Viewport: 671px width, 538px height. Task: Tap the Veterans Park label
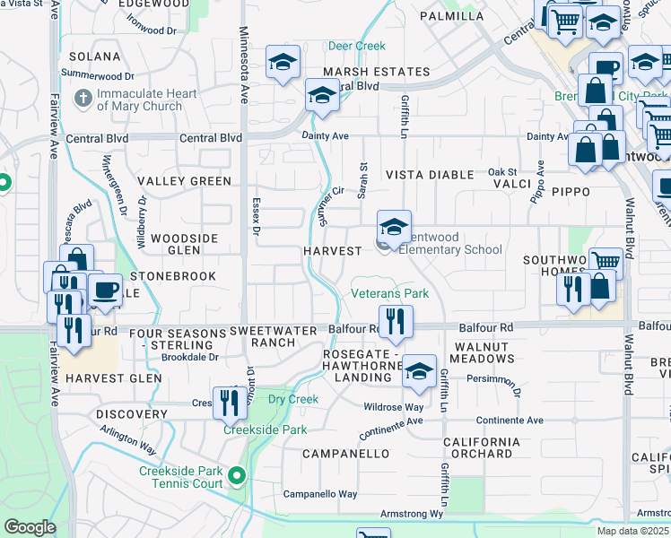pos(389,293)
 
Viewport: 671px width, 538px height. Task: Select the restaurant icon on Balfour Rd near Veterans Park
pos(396,321)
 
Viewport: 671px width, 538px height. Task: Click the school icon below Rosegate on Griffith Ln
pos(419,371)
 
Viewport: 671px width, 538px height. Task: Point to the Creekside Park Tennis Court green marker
pos(237,474)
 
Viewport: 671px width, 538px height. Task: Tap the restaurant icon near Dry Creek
pos(230,403)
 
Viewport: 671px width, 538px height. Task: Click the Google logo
pos(30,527)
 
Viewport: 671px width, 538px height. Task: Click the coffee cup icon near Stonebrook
pos(105,291)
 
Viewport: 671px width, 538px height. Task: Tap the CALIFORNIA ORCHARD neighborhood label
pos(482,447)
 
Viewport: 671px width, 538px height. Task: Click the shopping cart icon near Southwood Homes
pos(606,263)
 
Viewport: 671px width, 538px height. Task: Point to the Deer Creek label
pos(356,46)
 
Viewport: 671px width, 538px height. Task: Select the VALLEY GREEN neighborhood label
pos(186,181)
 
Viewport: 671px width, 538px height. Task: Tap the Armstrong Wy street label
pos(414,514)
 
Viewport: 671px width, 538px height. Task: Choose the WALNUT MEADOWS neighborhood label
pos(484,352)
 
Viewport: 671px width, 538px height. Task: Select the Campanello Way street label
pos(320,494)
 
